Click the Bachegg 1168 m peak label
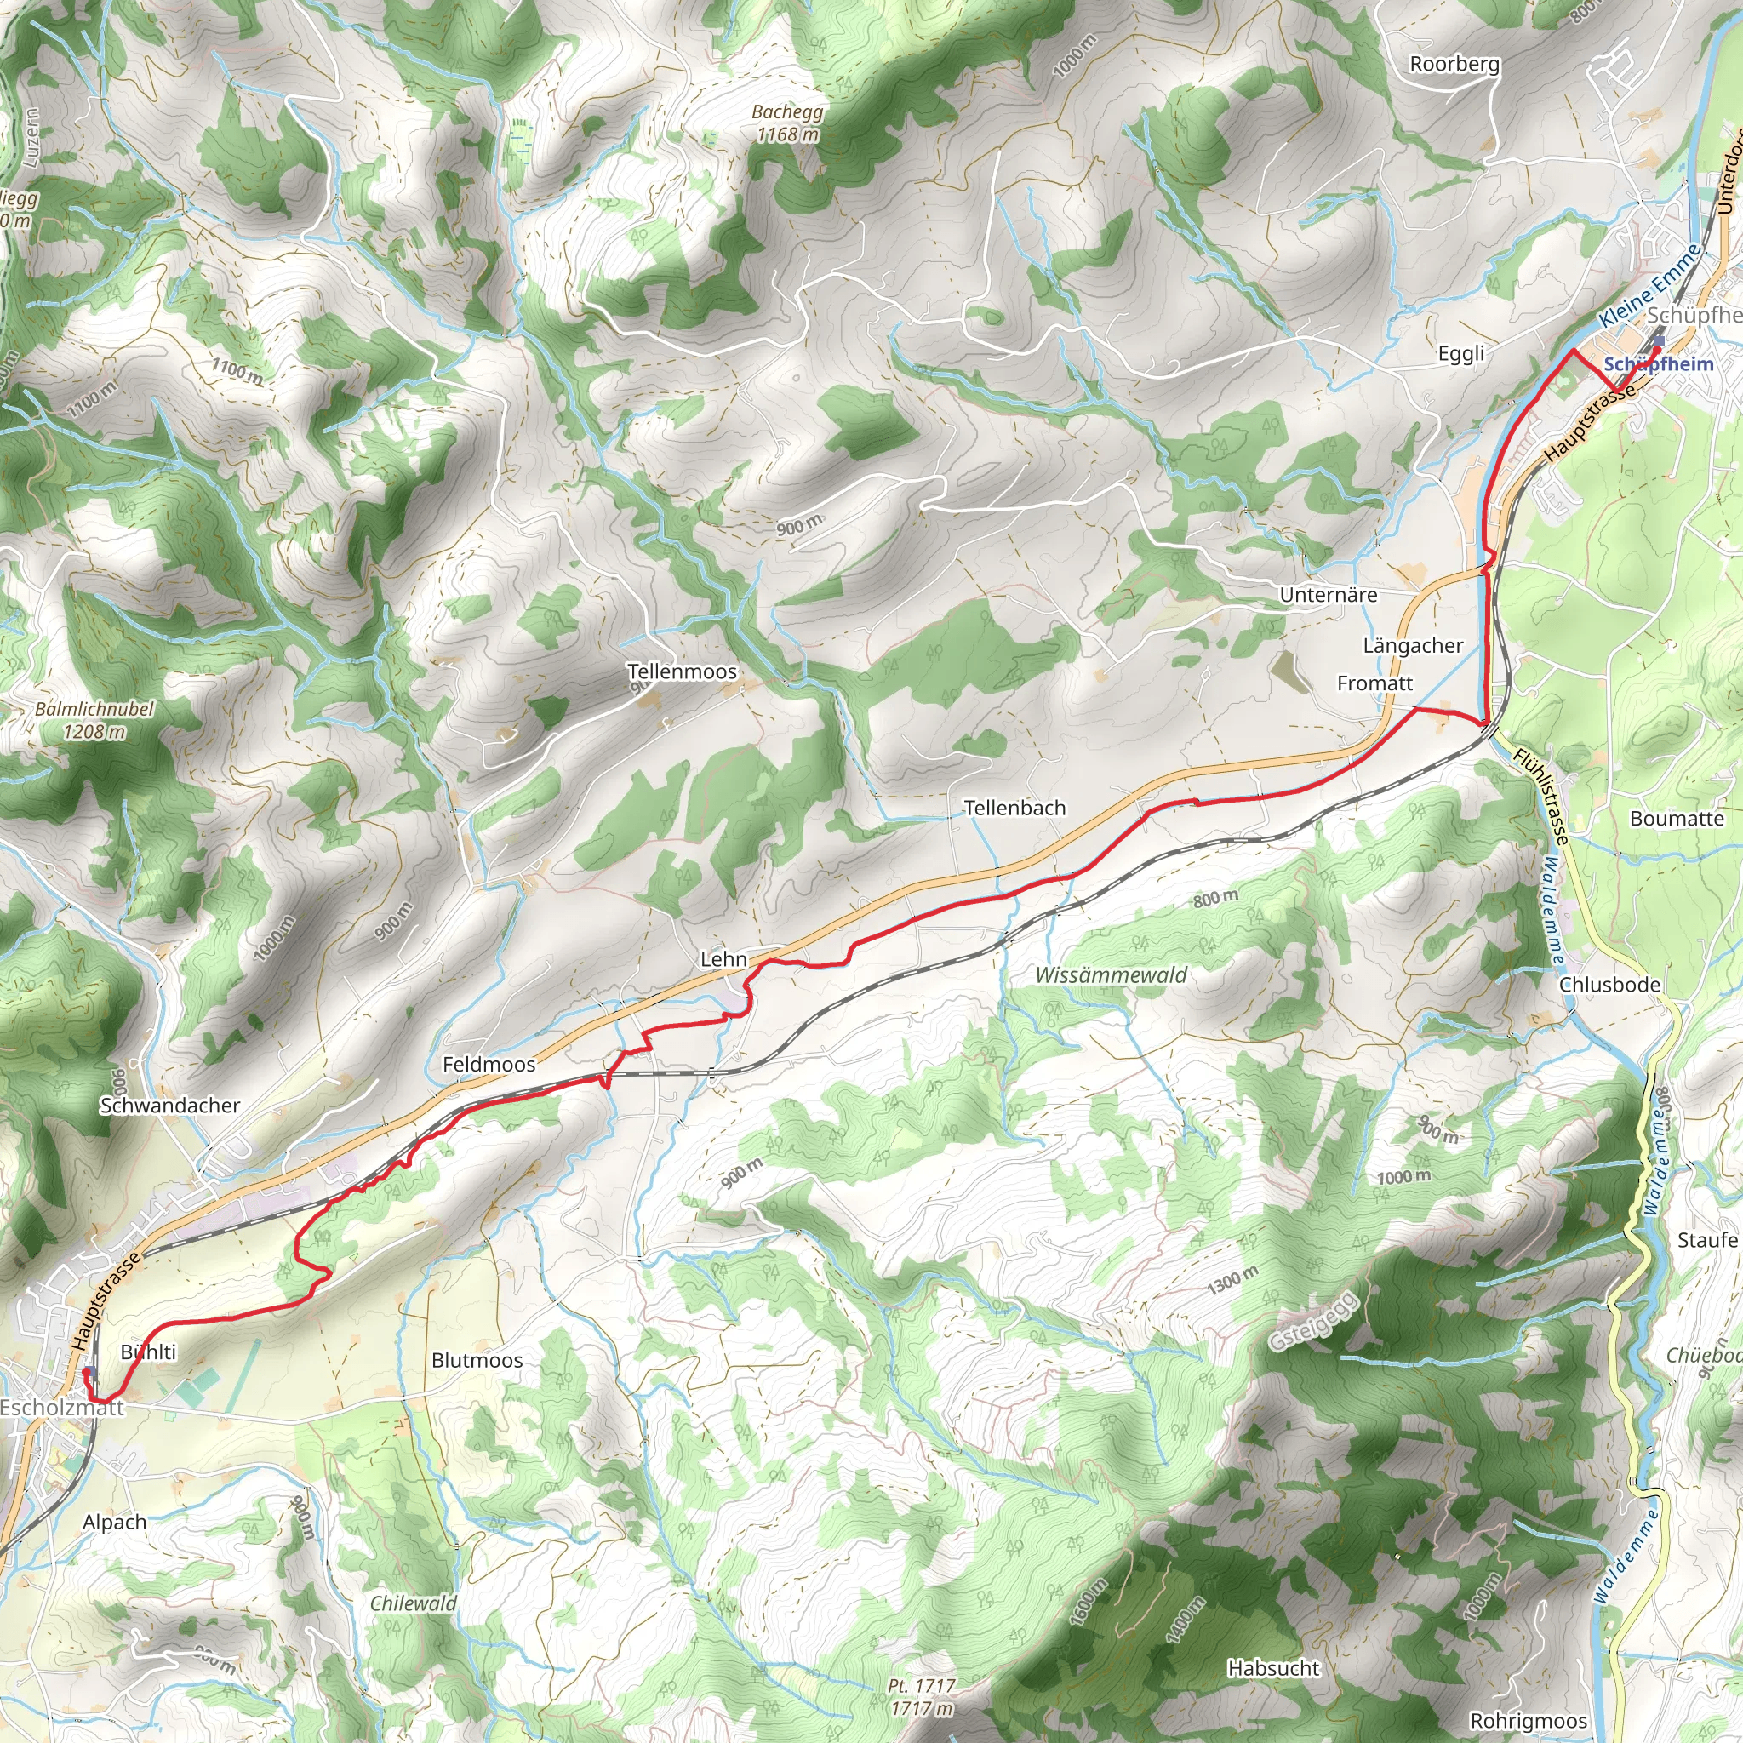pos(787,123)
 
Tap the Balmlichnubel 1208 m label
pos(94,720)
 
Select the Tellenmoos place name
pos(682,671)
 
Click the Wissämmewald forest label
pos(1111,974)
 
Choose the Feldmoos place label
pos(489,1064)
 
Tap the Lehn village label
pos(723,959)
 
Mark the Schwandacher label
pos(169,1106)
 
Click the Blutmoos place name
pos(477,1359)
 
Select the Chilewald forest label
pos(413,1603)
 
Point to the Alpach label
pos(115,1522)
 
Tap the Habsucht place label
pos(1273,1668)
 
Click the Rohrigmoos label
pos(1529,1720)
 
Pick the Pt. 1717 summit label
pos(921,1696)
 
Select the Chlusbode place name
pos(1609,985)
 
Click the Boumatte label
pos(1677,818)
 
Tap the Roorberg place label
pos(1454,64)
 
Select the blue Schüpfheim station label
pos(1658,364)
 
